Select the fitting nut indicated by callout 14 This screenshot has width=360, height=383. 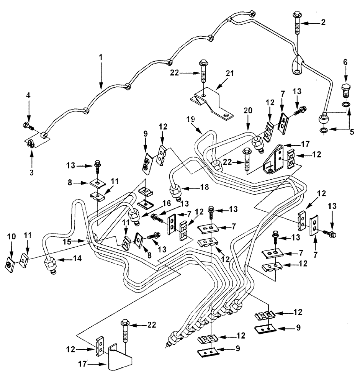point(50,264)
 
